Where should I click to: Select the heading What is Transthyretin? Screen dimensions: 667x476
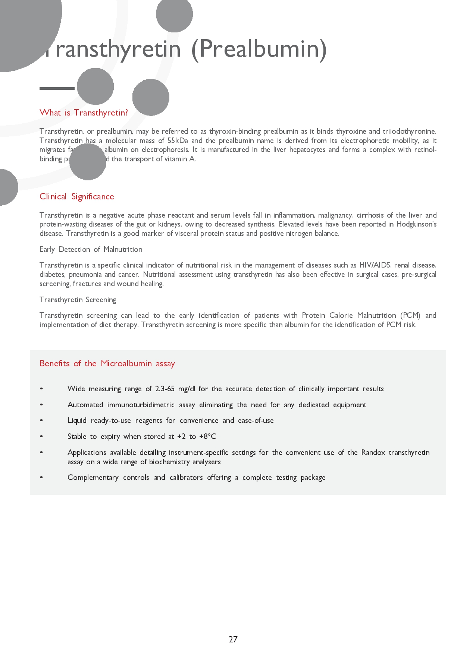pos(84,113)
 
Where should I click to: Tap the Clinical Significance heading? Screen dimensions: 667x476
pos(77,196)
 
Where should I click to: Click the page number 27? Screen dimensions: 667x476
pos(233,639)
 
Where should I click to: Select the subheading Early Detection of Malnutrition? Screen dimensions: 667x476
pos(91,249)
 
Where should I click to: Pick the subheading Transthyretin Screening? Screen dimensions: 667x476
pos(78,300)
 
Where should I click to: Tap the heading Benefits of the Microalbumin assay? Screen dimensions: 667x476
pos(107,363)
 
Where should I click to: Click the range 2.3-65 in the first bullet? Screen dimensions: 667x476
pos(165,389)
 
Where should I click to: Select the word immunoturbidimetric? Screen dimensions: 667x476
pos(141,405)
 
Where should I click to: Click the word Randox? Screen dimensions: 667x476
pos(373,452)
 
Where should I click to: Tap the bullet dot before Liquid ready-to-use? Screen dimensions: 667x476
pos(41,420)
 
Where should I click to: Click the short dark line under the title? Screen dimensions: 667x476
pos(57,88)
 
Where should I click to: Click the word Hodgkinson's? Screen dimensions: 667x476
pos(416,224)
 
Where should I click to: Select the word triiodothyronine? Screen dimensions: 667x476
pos(409,131)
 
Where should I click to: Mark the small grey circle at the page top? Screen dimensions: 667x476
pos(174,14)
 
